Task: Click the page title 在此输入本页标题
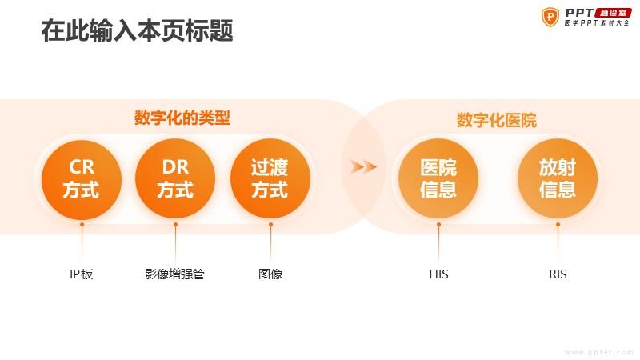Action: pos(137,30)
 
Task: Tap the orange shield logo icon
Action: pos(550,17)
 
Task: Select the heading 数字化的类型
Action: pos(182,118)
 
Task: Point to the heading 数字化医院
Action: pos(496,120)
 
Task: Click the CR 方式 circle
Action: pos(82,179)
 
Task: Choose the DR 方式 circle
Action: pos(175,179)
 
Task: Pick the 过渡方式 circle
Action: pos(270,179)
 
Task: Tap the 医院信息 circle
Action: pos(438,179)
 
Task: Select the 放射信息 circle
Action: pos(558,179)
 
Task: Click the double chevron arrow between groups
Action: pos(363,167)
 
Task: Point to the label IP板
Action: pos(82,274)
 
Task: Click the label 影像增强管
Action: pos(174,274)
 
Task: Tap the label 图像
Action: pos(270,274)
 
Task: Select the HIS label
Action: pos(438,274)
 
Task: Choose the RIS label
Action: pos(558,274)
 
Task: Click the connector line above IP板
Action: pos(82,242)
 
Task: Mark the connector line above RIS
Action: pos(558,242)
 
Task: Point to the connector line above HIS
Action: pos(438,242)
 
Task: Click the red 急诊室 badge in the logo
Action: pos(613,13)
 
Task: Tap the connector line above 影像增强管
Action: pos(175,242)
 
